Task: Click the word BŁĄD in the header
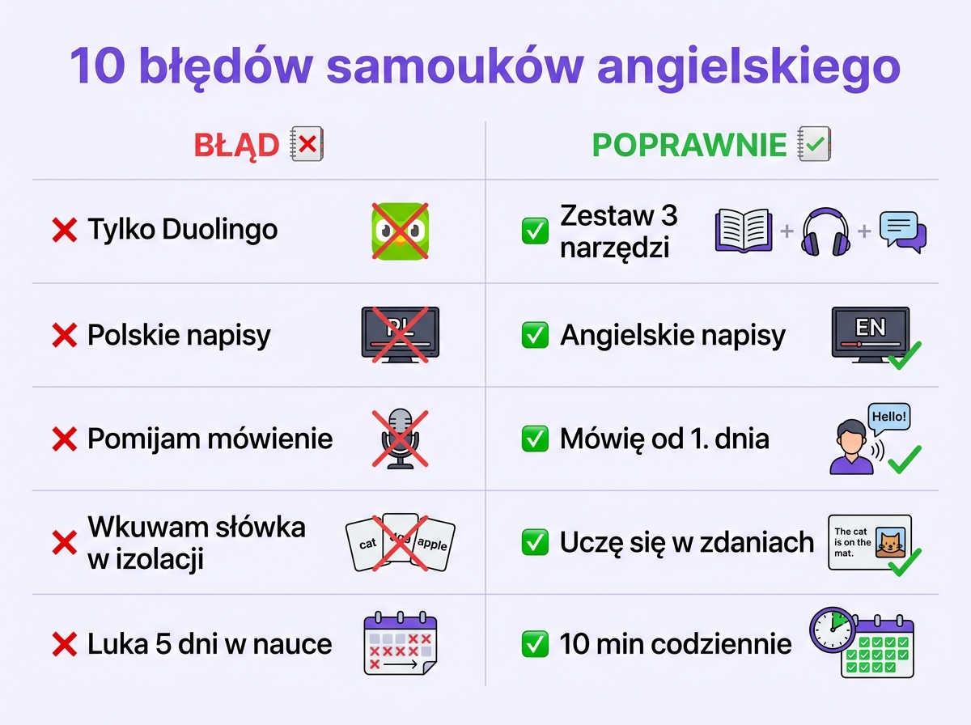pos(236,146)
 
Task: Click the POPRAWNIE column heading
pos(689,146)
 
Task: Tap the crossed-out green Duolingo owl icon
pos(399,231)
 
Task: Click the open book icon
pos(744,231)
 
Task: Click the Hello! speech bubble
pos(889,418)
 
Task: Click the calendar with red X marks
pos(400,645)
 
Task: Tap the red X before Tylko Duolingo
pos(64,231)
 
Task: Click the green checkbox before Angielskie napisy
pos(534,335)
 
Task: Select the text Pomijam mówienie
pos(210,439)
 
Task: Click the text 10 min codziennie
pos(676,645)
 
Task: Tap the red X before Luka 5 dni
pos(64,645)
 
